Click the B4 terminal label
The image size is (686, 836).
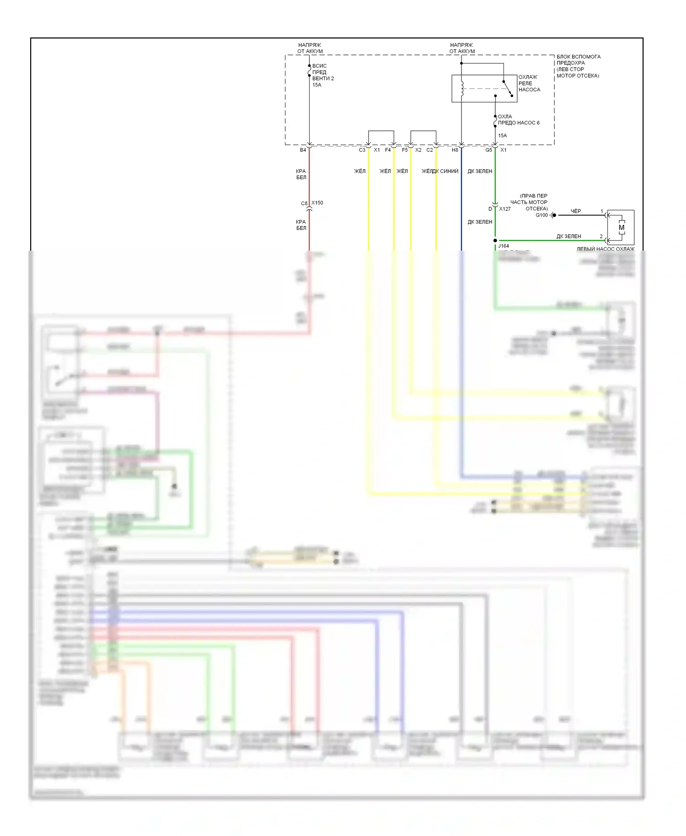click(303, 150)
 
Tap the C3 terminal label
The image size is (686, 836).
click(362, 150)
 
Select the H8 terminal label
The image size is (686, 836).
click(455, 150)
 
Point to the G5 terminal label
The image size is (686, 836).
click(488, 150)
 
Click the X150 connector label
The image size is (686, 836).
click(317, 203)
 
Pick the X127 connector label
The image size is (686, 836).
click(505, 209)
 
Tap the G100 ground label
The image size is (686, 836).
click(541, 215)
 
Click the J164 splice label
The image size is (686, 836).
click(504, 246)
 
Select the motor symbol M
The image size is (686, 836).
click(621, 227)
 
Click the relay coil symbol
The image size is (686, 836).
click(462, 88)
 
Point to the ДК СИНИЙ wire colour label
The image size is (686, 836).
click(445, 171)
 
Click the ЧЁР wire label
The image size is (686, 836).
click(576, 211)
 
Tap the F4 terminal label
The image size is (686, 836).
click(388, 150)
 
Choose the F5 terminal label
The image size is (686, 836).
click(405, 150)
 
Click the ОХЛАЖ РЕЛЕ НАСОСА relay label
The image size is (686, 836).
click(529, 83)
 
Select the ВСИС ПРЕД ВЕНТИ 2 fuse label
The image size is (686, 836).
click(323, 75)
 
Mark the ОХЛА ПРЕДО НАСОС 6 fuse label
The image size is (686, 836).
click(518, 120)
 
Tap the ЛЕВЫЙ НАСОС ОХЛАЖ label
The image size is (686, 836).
click(606, 249)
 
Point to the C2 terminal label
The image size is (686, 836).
click(429, 150)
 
